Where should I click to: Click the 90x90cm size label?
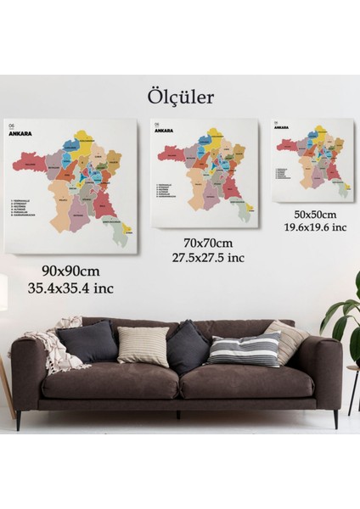tap(72, 271)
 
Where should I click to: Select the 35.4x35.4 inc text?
tap(72, 288)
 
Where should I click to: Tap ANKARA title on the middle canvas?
tap(166, 131)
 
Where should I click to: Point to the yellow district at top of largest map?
tap(86, 136)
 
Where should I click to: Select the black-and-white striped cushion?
tap(245, 348)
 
